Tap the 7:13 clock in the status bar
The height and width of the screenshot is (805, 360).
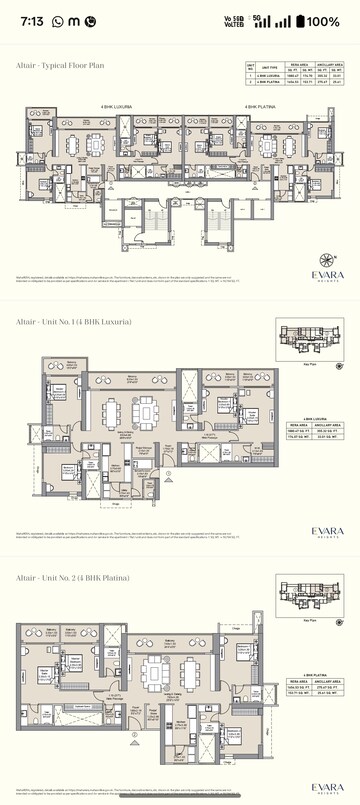click(31, 21)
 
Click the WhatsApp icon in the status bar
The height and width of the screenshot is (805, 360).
click(56, 21)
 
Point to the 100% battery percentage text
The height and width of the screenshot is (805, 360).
click(323, 21)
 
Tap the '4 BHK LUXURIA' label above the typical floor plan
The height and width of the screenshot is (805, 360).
click(117, 105)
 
